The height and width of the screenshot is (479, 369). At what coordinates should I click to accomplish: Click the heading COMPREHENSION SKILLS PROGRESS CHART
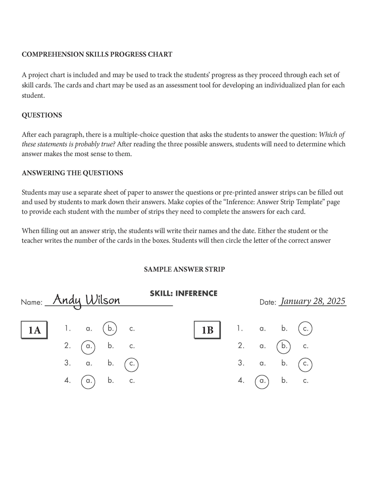point(97,55)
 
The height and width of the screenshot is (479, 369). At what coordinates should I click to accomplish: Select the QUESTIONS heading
point(42,115)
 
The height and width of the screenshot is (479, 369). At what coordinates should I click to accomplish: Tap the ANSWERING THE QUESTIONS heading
point(72,173)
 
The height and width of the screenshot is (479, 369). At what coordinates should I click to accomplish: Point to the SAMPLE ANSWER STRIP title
point(184,269)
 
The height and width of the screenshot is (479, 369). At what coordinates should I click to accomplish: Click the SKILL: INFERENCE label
point(183,294)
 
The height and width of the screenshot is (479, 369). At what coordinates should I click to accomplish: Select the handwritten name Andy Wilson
point(86,300)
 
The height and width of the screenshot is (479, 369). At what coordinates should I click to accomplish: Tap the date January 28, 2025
point(313,301)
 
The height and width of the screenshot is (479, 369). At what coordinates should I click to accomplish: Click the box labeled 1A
point(34,330)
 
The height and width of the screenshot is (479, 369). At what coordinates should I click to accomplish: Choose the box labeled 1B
point(207,330)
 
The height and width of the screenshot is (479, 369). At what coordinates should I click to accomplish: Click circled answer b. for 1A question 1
point(110,328)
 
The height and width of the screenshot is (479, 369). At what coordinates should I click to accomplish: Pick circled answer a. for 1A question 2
point(88,347)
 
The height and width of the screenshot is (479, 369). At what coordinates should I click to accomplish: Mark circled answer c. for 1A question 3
point(132,364)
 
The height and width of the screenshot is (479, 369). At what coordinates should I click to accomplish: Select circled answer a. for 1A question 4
point(88,381)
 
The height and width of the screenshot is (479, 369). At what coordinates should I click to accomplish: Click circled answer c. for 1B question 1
point(305,329)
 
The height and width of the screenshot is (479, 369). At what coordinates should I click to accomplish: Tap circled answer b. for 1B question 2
point(284,346)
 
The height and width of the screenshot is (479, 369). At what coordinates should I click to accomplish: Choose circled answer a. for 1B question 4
point(262,381)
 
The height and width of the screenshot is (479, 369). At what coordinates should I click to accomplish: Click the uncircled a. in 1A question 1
point(89,329)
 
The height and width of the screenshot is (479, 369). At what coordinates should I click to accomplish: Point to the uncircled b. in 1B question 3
point(284,363)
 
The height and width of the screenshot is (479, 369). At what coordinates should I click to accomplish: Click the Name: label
point(32,303)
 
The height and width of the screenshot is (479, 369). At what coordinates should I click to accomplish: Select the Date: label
point(268,303)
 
